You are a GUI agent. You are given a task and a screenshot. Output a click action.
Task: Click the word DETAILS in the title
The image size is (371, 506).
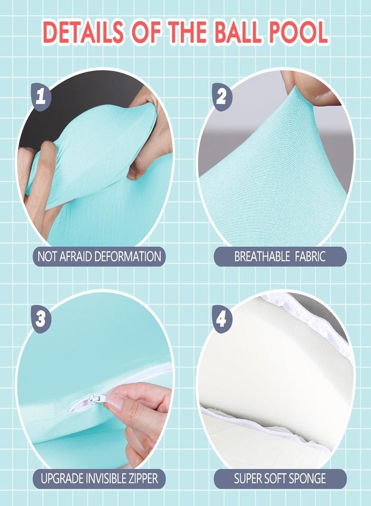[83, 32]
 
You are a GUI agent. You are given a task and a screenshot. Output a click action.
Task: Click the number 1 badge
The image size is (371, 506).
[41, 97]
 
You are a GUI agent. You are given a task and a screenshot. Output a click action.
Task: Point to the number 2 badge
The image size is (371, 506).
[222, 97]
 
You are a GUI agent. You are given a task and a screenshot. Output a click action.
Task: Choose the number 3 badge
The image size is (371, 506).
[41, 319]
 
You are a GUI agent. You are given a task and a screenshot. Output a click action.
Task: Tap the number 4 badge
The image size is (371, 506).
[222, 319]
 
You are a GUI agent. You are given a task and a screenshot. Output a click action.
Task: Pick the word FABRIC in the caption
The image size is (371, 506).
[310, 256]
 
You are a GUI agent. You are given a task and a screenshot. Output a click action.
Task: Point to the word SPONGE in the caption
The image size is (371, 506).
[307, 478]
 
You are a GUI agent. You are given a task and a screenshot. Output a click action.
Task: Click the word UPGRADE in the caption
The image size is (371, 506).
[62, 478]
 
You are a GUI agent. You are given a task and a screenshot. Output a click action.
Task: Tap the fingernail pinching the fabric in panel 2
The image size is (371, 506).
[324, 94]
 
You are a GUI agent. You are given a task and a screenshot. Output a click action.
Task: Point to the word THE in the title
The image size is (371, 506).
[185, 32]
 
